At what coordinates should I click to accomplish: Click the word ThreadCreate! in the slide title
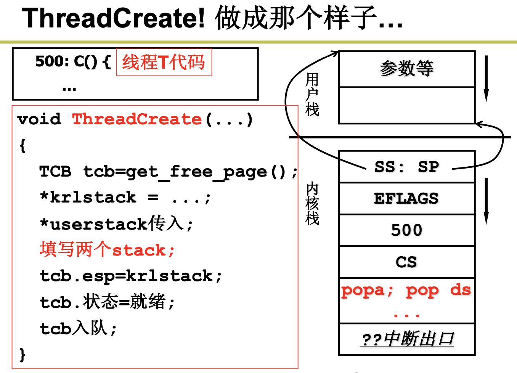[114, 18]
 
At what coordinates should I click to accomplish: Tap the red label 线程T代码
[164, 62]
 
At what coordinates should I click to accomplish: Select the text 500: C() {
[73, 61]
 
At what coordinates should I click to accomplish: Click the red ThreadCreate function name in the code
[137, 119]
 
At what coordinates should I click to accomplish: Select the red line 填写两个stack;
[107, 250]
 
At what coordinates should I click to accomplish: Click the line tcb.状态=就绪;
[107, 302]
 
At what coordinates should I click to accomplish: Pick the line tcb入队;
[78, 328]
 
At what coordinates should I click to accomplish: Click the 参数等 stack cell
[406, 69]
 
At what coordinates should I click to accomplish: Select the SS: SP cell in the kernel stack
[406, 167]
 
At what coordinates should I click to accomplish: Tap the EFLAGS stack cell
[406, 198]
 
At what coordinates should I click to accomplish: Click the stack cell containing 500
[406, 230]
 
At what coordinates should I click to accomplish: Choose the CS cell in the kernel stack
[406, 262]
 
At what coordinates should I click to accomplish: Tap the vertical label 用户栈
[312, 95]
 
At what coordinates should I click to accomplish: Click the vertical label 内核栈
[312, 204]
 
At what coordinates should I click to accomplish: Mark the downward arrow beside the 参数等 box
[486, 78]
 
